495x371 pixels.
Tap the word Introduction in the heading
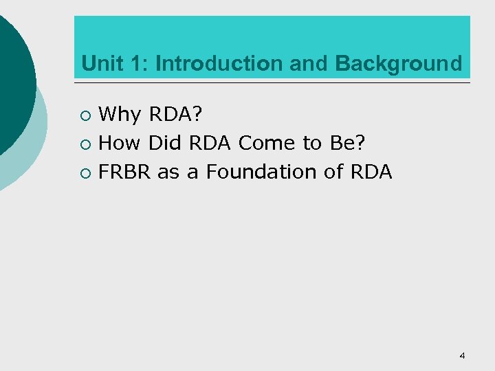(x=219, y=64)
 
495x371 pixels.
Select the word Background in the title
(x=399, y=64)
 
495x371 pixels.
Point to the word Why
(x=120, y=114)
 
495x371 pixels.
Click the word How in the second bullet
(x=119, y=143)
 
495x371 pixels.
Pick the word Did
(x=164, y=143)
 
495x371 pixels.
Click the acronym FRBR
(x=124, y=172)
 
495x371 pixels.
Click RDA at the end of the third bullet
(x=371, y=172)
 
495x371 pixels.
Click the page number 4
(x=462, y=355)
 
